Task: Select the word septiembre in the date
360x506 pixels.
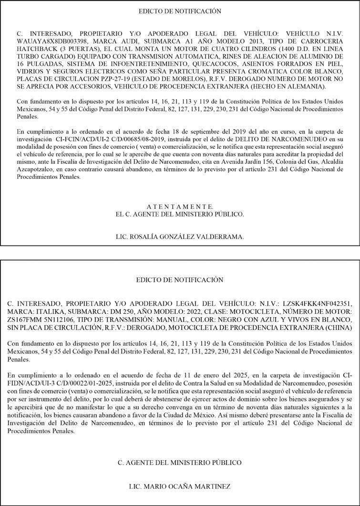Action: [207, 131]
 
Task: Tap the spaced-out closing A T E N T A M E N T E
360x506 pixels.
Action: [180, 207]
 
